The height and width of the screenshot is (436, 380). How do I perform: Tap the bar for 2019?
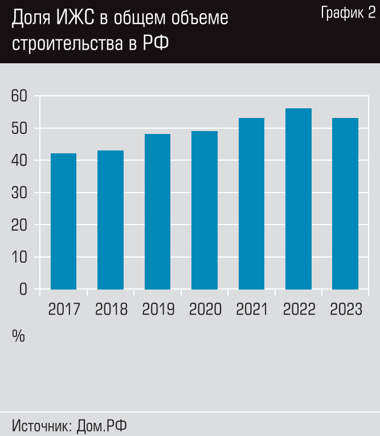(157, 211)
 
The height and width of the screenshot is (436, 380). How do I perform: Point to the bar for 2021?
(251, 203)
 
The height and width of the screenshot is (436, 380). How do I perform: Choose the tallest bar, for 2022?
(299, 199)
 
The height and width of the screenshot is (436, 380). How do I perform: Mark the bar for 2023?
(345, 203)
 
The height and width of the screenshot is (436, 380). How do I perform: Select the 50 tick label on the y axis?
(19, 128)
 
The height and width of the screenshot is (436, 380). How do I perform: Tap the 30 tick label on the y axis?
(19, 193)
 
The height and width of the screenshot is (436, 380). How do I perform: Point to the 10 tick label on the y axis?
(19, 257)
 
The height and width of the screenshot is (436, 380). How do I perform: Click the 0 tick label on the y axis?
(23, 290)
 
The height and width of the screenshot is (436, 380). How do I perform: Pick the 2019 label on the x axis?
(158, 309)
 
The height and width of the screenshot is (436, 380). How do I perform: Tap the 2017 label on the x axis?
(64, 309)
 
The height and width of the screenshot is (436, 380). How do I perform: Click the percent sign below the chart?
(18, 336)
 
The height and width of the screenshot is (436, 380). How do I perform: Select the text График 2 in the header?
(348, 14)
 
